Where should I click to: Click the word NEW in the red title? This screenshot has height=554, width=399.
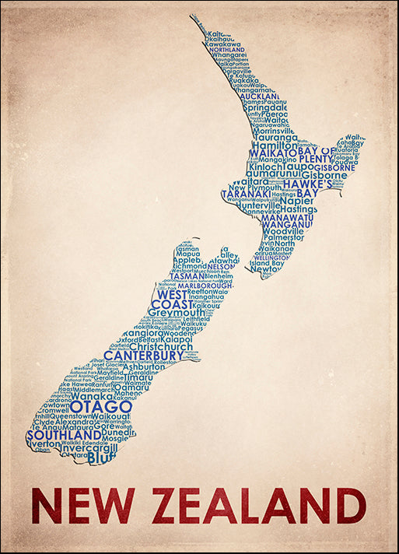[82, 506]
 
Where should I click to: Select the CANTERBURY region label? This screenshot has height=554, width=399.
[143, 356]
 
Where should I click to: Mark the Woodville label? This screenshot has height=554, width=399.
[284, 232]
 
